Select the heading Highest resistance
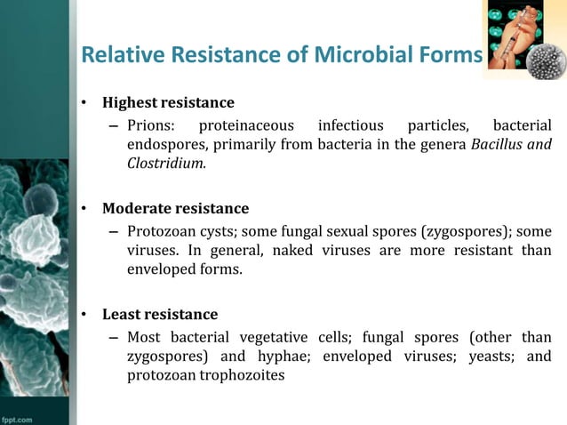(x=168, y=102)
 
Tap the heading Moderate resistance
(x=175, y=209)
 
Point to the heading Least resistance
(x=159, y=315)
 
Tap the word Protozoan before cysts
(x=160, y=231)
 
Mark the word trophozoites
(x=243, y=375)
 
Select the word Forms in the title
(x=450, y=55)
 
